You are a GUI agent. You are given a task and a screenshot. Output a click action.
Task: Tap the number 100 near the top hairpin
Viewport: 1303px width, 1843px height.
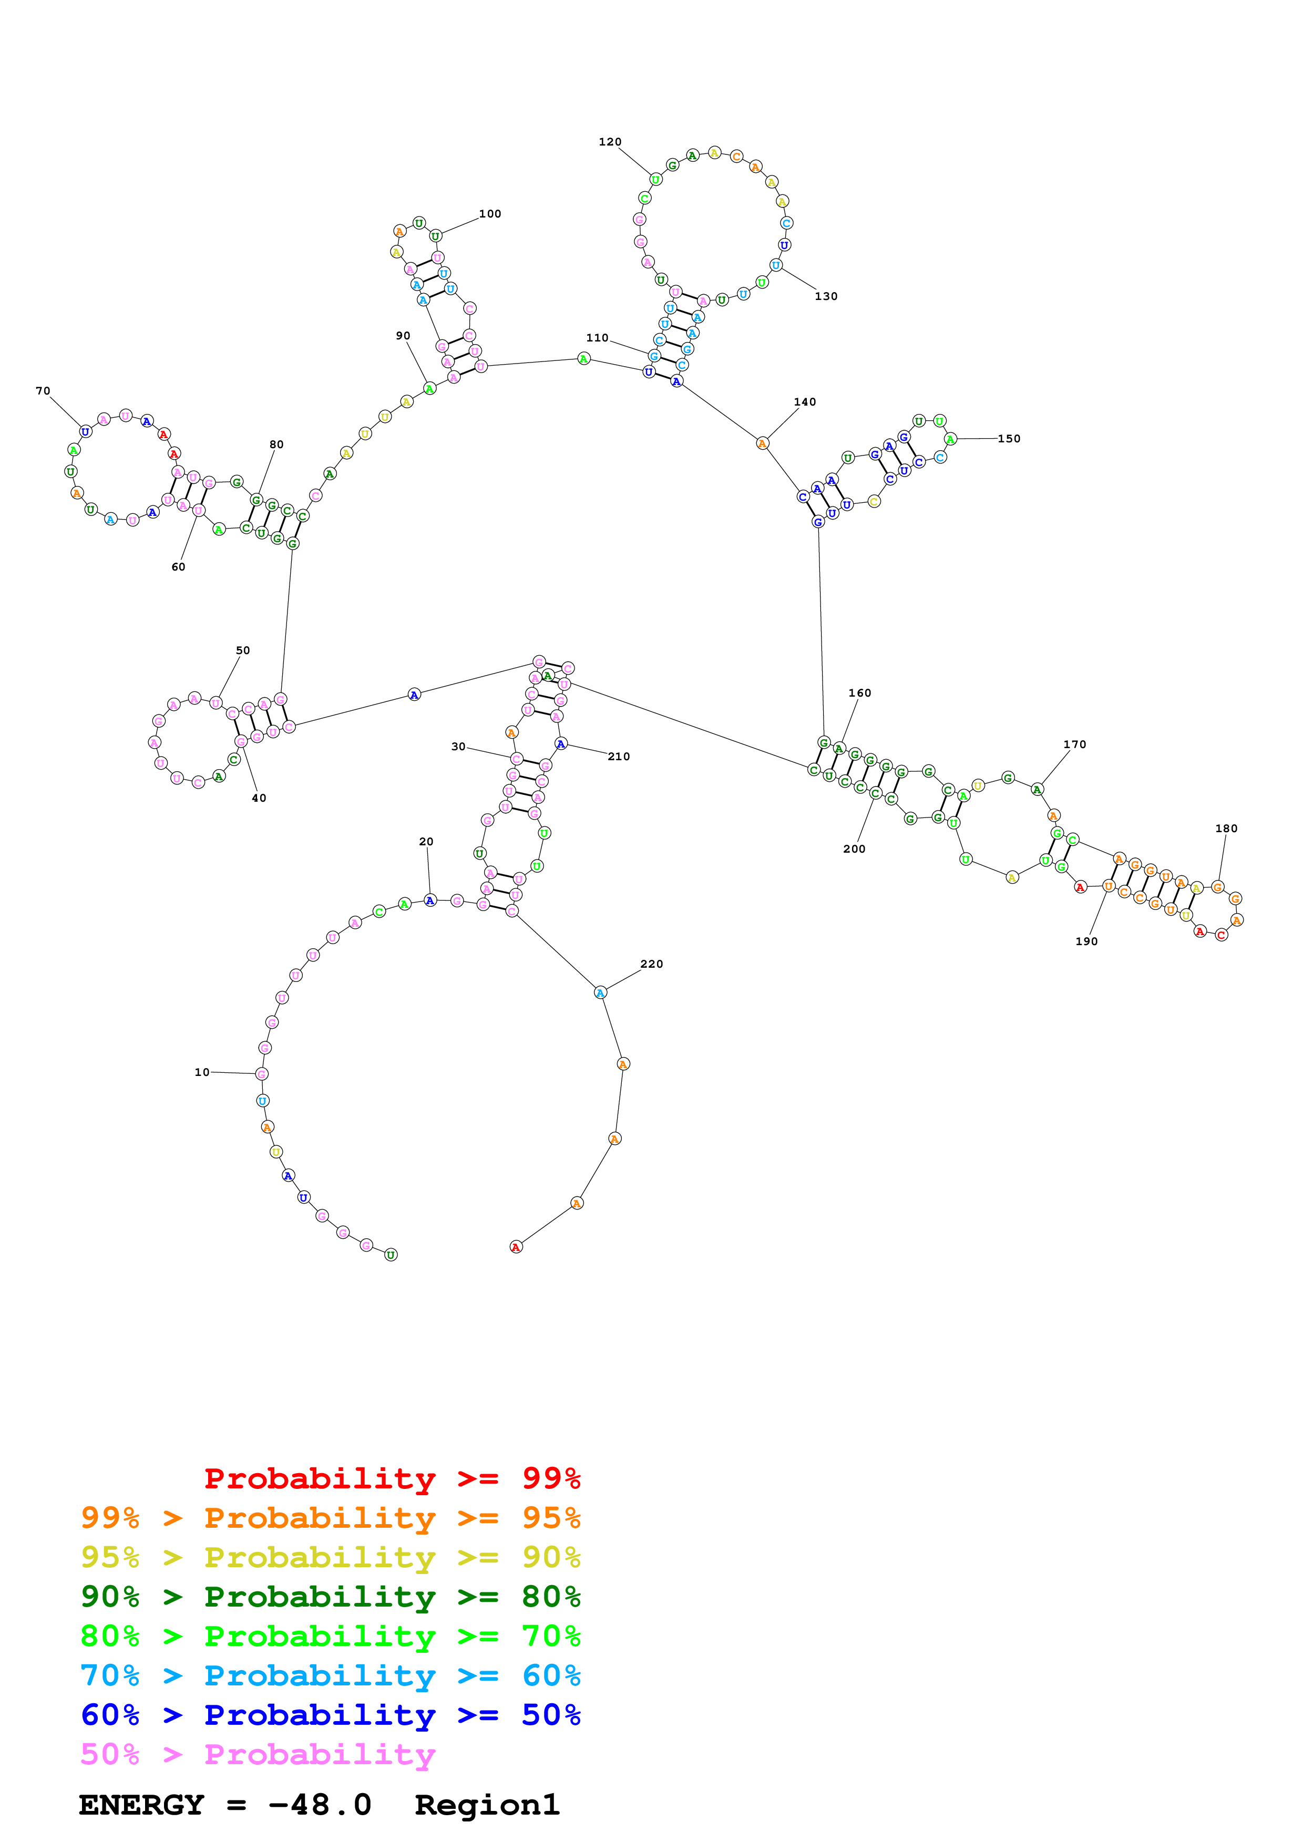click(490, 213)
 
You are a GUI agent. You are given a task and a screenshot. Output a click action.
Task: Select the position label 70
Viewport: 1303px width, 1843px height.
click(43, 391)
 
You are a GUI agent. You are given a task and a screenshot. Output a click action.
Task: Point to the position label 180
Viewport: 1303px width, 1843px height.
click(1226, 829)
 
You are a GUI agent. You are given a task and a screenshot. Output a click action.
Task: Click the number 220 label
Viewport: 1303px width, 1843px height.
click(651, 964)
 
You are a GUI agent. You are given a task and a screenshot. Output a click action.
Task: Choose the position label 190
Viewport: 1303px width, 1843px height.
click(1086, 941)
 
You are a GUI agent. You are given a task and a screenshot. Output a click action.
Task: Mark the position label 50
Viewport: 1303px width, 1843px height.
click(242, 650)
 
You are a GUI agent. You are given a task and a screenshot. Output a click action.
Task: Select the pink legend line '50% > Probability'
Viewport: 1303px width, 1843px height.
click(257, 1755)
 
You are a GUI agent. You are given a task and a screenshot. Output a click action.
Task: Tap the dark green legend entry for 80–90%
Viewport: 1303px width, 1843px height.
click(330, 1597)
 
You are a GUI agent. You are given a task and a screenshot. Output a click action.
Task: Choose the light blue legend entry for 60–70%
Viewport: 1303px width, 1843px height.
click(330, 1676)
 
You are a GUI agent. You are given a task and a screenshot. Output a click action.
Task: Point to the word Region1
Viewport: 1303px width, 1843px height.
click(487, 1805)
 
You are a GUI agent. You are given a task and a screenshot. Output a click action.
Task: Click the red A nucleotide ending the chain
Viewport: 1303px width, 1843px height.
click(516, 1247)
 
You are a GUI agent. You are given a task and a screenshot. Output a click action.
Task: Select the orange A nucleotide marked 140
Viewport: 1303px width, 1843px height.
click(762, 443)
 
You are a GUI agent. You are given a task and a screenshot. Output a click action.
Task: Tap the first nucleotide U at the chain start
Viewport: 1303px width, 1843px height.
click(391, 1255)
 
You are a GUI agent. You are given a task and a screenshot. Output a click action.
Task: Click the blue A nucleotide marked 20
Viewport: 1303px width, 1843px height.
click(430, 900)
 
